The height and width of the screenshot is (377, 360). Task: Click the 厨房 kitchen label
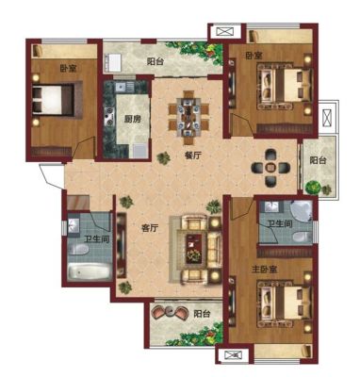(132, 120)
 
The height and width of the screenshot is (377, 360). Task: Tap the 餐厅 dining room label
(192, 156)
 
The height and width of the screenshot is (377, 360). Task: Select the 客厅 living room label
(149, 228)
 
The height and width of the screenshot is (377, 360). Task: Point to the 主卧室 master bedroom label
(264, 270)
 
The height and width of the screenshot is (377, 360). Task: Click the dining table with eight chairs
(188, 117)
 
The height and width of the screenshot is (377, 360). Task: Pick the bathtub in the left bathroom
(90, 270)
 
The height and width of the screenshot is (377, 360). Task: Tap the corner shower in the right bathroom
(302, 211)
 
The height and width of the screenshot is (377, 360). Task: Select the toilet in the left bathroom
(78, 250)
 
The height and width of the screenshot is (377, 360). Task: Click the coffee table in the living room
(194, 249)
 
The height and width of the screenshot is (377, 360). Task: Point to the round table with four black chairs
(270, 168)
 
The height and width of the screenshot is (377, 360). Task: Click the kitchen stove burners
(109, 117)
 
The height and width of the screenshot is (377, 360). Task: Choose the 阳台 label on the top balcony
(155, 61)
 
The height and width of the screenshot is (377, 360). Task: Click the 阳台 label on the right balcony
(318, 161)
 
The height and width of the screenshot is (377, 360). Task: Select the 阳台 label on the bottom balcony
(202, 314)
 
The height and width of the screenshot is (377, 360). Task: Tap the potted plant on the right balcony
(313, 188)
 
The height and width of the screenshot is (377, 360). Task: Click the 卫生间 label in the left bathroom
(96, 239)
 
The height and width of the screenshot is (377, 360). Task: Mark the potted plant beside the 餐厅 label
(164, 158)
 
